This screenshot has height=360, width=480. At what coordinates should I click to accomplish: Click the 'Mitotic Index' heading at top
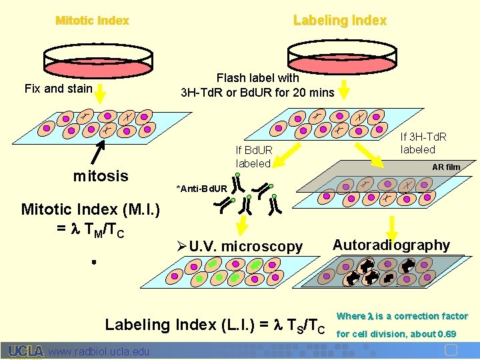92,21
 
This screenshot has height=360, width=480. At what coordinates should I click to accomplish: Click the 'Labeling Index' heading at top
340,21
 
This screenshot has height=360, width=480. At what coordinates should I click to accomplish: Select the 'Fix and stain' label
58,89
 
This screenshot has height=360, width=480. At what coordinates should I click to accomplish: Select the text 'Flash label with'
258,78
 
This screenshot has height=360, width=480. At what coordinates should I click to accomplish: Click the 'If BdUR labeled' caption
253,157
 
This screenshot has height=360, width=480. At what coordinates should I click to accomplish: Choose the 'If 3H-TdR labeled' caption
423,143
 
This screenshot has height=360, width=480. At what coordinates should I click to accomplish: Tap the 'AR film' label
446,167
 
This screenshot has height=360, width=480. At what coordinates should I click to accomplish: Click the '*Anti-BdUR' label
201,189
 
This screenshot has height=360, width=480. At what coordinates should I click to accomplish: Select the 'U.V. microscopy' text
245,247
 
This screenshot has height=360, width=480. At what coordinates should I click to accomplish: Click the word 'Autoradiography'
391,245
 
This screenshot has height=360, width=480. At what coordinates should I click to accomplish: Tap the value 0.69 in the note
447,333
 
